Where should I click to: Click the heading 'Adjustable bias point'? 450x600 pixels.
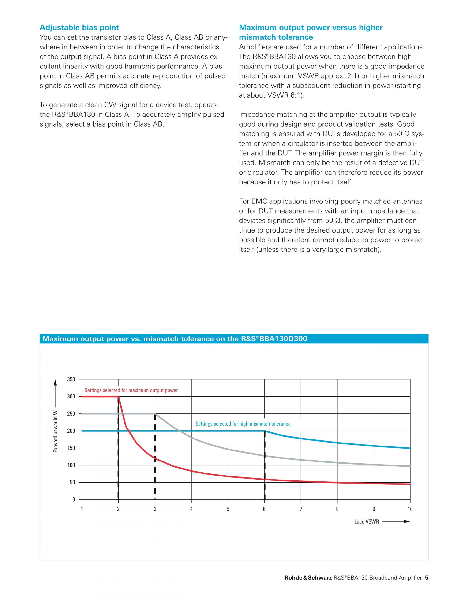coord(79,27)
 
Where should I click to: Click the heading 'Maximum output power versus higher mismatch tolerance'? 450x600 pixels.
coord(311,32)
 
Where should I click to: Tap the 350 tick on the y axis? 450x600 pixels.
coord(71,379)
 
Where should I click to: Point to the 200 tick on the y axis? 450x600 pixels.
coord(71,431)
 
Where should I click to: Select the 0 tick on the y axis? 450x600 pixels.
coord(73,500)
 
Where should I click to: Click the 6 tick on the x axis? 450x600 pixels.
coord(264,509)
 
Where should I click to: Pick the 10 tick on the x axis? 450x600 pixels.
coord(410,509)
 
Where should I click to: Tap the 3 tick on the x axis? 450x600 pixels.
coord(155,509)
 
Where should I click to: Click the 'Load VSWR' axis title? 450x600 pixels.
coord(367,522)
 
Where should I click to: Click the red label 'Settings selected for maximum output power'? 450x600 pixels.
coord(131,390)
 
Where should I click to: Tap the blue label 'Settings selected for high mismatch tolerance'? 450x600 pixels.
coord(243,424)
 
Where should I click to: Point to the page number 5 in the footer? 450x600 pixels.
coord(427,585)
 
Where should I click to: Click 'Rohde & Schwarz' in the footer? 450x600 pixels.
coord(308,585)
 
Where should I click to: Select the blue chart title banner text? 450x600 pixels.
coord(175,338)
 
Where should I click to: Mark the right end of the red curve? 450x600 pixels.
coord(410,484)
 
